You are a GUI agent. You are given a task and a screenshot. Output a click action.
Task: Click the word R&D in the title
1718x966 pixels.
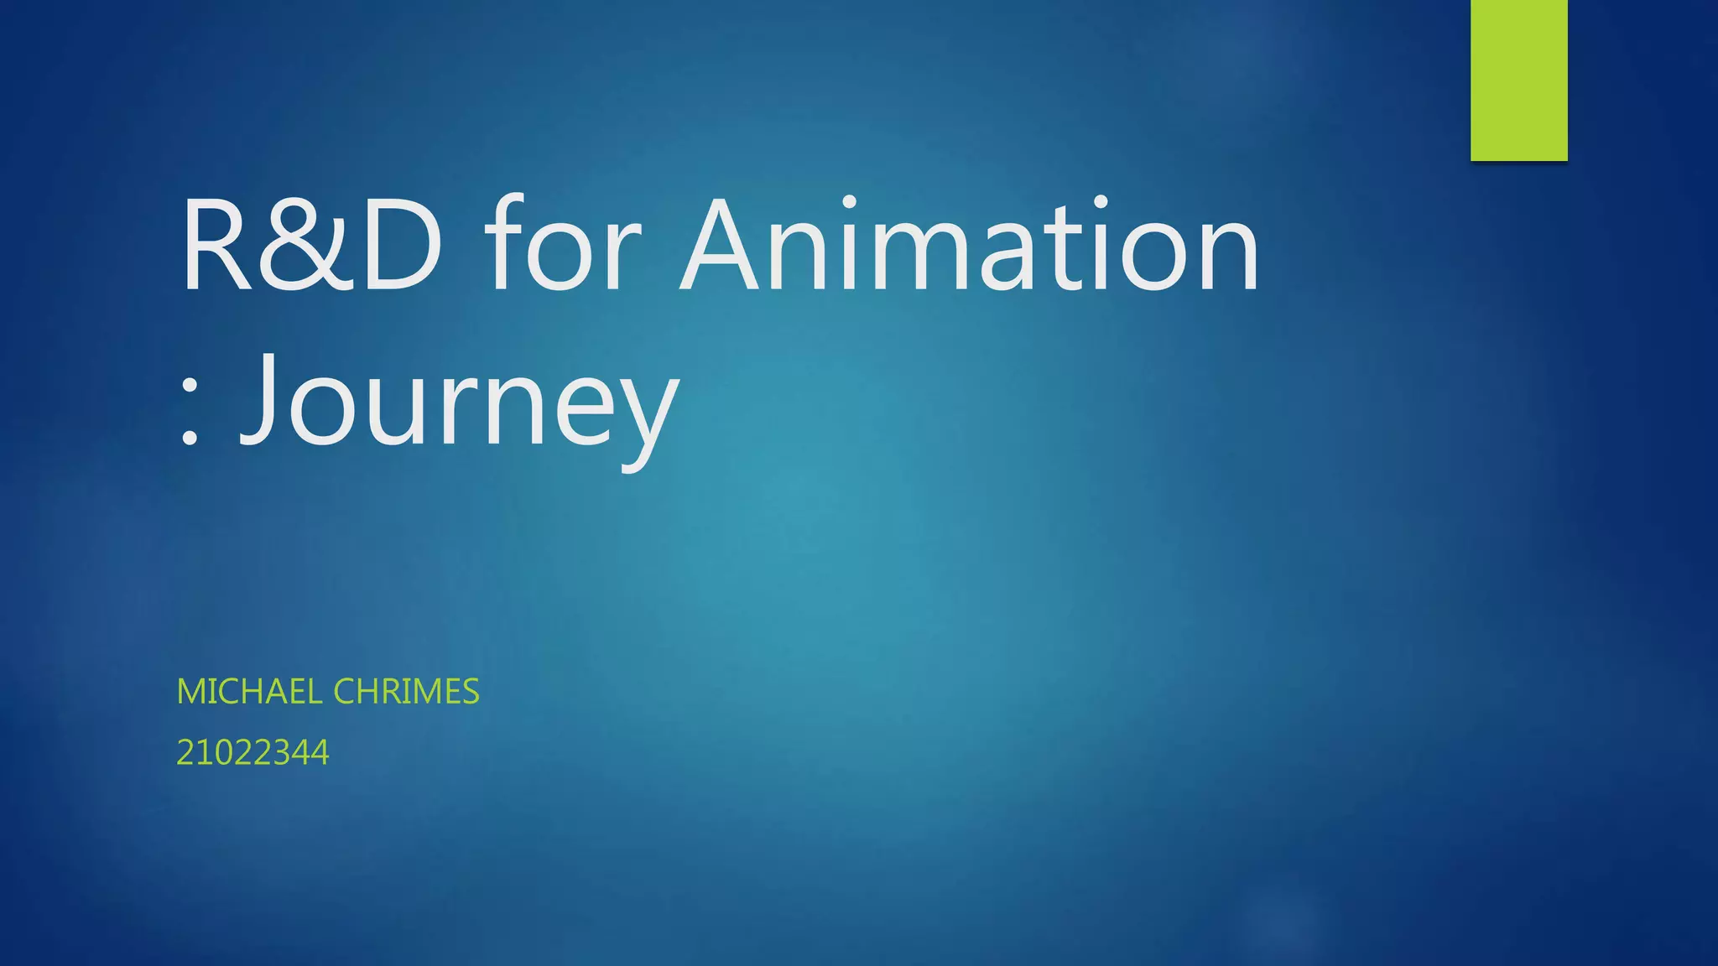tap(310, 245)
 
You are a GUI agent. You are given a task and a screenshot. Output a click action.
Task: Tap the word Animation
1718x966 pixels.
tap(969, 245)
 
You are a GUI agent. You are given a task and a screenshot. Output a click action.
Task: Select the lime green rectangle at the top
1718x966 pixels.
tap(1518, 80)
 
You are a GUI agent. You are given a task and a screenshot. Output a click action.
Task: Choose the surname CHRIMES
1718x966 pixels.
tap(406, 692)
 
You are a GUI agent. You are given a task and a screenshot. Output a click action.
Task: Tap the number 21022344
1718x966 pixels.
tap(252, 752)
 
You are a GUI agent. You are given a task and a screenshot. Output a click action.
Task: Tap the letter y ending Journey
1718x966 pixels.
tap(646, 415)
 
